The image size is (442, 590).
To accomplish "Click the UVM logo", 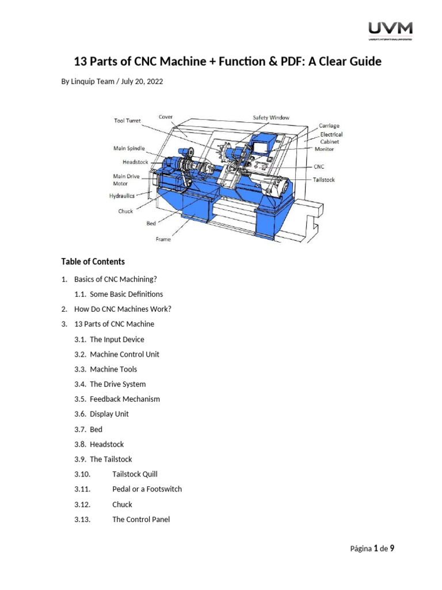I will tap(390, 30).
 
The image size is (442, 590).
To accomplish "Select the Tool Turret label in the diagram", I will tap(127, 120).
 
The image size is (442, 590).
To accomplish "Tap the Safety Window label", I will tap(271, 118).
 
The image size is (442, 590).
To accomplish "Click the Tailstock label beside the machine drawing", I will tap(323, 180).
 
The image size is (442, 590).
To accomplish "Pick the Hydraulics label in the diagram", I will tap(121, 196).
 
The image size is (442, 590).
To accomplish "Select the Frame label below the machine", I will tap(163, 239).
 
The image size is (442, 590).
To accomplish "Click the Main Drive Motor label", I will tap(125, 180).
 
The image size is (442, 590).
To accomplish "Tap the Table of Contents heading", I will tap(93, 262).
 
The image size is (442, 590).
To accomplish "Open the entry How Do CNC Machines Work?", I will tap(123, 309).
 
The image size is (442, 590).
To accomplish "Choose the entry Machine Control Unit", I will tap(124, 354).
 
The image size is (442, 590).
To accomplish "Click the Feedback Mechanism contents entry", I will tap(125, 399).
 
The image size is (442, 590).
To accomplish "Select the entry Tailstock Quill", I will tap(135, 474).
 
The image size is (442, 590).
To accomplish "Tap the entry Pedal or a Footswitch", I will tap(147, 489).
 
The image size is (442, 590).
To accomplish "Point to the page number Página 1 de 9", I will tap(372, 549).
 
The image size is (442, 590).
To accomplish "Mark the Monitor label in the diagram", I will tap(323, 149).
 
